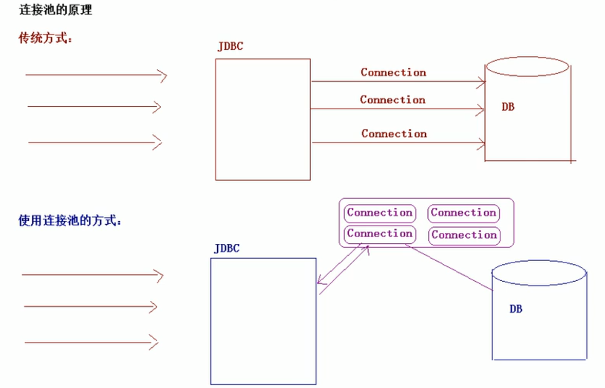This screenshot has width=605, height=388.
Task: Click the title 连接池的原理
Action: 55,10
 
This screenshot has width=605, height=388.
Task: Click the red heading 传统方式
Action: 45,38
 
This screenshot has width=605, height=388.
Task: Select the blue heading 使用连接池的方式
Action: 70,221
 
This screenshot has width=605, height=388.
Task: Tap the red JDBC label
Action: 230,46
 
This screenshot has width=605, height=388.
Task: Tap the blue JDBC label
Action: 226,249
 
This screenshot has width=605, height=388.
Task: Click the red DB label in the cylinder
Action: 508,107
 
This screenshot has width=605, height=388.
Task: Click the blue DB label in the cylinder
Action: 516,309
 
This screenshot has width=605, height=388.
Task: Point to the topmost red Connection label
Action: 393,72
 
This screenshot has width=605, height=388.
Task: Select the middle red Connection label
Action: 392,100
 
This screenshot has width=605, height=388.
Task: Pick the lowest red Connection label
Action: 394,133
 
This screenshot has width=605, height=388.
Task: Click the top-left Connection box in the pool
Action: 380,212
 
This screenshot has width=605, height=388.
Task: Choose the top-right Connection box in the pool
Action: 463,213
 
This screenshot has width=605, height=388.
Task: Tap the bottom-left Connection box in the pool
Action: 380,234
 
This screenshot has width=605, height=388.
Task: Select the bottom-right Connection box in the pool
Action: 464,235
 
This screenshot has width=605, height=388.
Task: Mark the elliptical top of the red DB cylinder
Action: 527,67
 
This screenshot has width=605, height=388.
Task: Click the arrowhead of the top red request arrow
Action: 164,76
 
